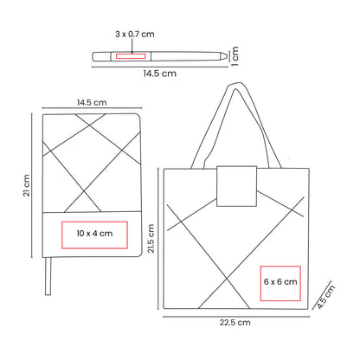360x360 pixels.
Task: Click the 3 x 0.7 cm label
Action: pos(135,34)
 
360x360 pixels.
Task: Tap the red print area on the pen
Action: pos(131,56)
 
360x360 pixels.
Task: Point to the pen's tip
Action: pos(226,55)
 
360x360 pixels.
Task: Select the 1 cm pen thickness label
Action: pos(235,56)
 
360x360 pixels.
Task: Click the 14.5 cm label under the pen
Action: pos(159,74)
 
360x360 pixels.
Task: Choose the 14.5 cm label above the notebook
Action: pos(92,102)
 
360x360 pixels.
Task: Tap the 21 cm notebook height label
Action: pos(27,185)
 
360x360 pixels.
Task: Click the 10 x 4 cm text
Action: pos(94,234)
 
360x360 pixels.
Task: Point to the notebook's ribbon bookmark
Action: pos(48,276)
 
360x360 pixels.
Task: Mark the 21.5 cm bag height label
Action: pos(151,239)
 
